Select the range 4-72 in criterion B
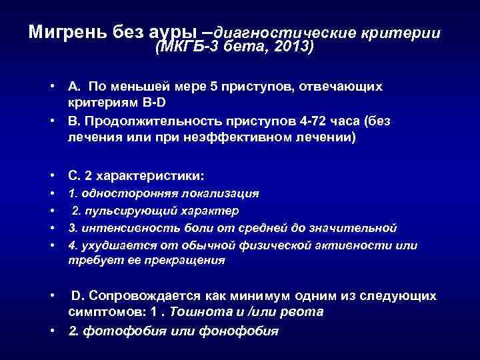point(297,121)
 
